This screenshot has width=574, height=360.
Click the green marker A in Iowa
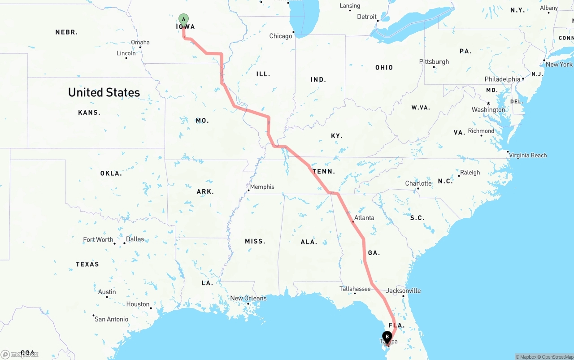183,19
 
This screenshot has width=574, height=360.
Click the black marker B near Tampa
387,337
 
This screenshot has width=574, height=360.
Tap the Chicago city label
280,36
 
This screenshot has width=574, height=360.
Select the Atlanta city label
364,218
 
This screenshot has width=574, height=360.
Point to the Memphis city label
262,187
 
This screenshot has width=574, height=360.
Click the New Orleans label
248,298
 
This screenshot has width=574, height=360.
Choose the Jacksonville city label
403,291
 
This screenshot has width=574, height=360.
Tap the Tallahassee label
355,289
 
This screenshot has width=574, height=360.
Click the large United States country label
104,92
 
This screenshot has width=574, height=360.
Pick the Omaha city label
140,43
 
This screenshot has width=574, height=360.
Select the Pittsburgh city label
434,62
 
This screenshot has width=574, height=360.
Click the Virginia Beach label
528,156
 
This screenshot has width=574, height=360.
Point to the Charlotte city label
418,183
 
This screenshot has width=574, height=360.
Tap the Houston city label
138,304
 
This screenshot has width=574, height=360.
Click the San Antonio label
111,319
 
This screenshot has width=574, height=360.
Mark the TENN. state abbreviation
324,171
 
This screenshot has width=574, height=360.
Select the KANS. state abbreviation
89,113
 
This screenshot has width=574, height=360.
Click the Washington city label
488,110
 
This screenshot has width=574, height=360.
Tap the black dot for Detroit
378,20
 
